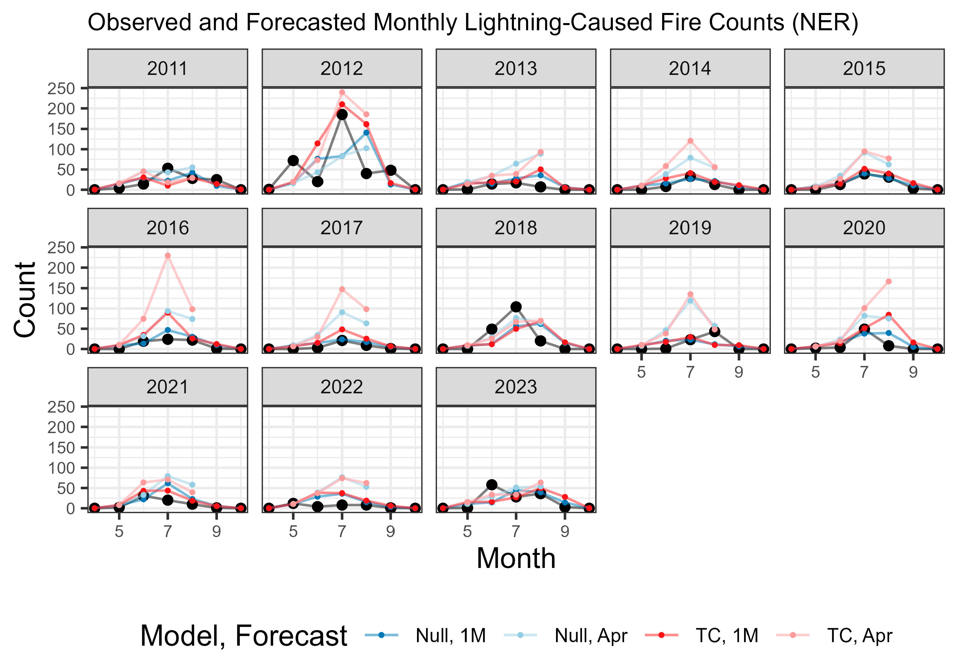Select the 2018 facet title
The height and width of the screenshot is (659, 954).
point(516,228)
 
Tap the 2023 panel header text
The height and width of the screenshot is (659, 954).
point(516,387)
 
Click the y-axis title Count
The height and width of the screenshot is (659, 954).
point(25,299)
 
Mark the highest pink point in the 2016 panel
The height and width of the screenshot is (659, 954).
point(168,256)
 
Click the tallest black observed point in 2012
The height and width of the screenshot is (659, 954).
point(342,115)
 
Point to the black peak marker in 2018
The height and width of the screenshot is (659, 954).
point(516,307)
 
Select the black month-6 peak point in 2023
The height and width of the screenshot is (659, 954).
point(492,485)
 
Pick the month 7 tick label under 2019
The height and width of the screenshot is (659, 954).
point(690,373)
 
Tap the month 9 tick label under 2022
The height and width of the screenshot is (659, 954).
point(390,532)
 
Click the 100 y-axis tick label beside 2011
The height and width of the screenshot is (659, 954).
point(61,150)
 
